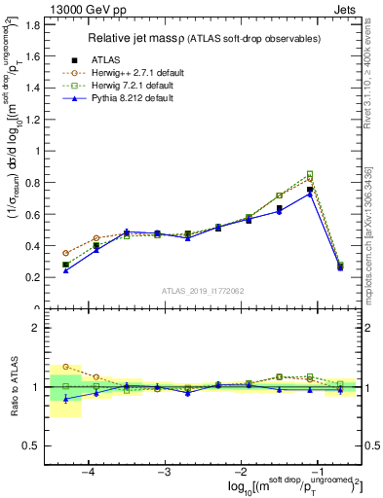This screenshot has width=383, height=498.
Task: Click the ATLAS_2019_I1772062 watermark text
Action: pyautogui.click(x=203, y=291)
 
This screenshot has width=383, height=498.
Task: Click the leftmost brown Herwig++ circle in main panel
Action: pyautogui.click(x=65, y=253)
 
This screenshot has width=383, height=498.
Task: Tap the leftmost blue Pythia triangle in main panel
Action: pyautogui.click(x=65, y=270)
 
